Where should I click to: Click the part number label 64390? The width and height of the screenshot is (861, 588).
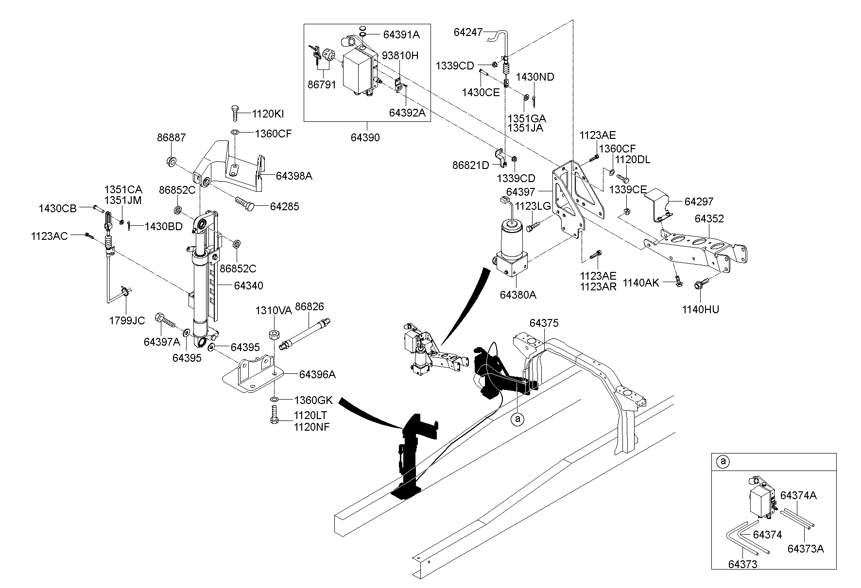pyautogui.click(x=365, y=137)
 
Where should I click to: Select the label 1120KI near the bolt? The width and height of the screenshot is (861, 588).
pyautogui.click(x=268, y=114)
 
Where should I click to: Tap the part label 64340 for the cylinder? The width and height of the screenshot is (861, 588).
pyautogui.click(x=248, y=286)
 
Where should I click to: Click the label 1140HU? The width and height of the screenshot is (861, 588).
pyautogui.click(x=700, y=309)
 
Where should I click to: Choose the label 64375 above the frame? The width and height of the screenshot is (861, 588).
pyautogui.click(x=544, y=323)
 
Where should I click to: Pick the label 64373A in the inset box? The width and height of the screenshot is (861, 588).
pyautogui.click(x=806, y=549)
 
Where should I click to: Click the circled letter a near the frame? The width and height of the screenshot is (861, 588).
pyautogui.click(x=518, y=418)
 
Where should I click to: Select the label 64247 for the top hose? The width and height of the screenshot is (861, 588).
pyautogui.click(x=468, y=33)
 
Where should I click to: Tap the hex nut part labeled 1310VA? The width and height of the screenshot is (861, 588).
pyautogui.click(x=274, y=335)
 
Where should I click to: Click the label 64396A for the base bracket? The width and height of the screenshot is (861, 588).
pyautogui.click(x=317, y=374)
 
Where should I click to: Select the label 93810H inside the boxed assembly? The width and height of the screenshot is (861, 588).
pyautogui.click(x=400, y=56)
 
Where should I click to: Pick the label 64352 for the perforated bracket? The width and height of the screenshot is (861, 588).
pyautogui.click(x=709, y=218)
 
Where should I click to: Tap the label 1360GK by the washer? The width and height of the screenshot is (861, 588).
pyautogui.click(x=313, y=400)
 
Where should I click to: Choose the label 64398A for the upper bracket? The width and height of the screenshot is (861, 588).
pyautogui.click(x=294, y=176)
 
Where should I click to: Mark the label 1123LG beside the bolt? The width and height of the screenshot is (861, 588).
pyautogui.click(x=533, y=206)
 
